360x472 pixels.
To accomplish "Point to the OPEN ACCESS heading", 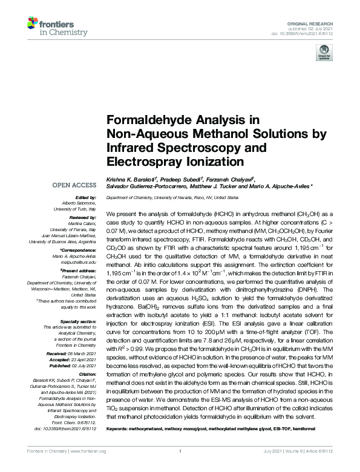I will pos(74,184).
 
